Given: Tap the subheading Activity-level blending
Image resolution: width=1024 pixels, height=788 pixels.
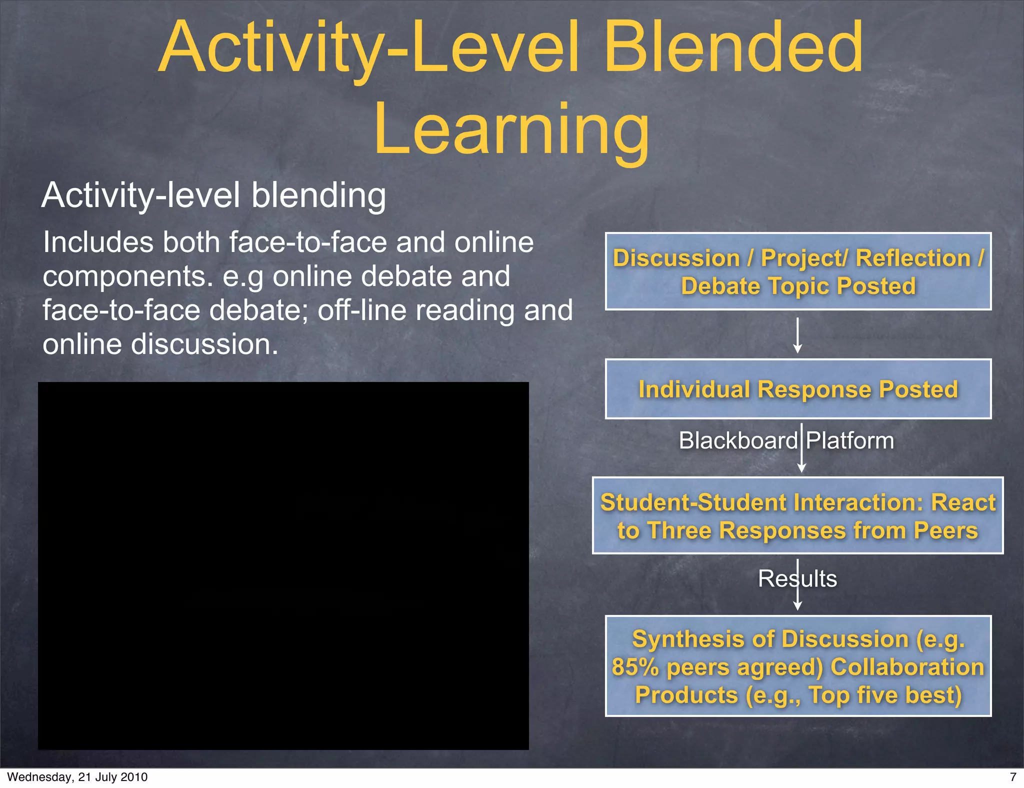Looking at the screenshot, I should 213,195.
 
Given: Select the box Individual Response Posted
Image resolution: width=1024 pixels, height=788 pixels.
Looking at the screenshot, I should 798,389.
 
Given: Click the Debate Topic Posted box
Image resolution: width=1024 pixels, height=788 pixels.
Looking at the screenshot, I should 798,271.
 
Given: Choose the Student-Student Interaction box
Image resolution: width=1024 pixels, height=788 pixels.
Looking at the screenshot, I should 798,515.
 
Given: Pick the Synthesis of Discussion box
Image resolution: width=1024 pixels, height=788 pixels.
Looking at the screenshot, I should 798,666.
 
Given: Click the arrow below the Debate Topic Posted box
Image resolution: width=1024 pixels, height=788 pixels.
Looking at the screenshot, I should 798,335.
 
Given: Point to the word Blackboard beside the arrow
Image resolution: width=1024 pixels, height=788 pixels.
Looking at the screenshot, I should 738,441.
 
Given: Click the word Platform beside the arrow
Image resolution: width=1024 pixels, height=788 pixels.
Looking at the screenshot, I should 850,441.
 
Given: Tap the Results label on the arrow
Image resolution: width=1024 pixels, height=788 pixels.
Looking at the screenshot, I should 797,578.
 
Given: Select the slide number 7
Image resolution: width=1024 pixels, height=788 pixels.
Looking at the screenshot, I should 1013,777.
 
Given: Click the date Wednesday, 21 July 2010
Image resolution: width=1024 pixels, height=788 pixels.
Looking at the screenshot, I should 77,777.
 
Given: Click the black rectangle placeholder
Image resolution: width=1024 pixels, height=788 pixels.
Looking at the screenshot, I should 283,565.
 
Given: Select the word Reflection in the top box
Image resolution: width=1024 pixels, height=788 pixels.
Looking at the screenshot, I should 913,258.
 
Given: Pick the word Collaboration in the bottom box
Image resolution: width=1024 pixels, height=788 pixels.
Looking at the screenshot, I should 907,667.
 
